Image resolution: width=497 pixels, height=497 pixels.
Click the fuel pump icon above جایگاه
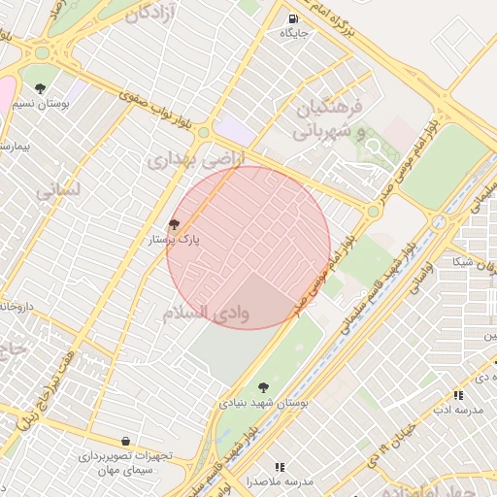point(293,18)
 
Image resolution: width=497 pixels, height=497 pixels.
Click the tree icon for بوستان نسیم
point(40,88)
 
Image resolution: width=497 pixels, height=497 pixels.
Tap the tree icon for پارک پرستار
point(174,223)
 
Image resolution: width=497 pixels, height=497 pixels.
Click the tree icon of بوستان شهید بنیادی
point(263,386)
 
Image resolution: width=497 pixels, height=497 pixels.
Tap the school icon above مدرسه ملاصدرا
point(280,467)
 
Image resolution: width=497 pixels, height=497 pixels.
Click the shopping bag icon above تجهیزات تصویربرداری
point(125,441)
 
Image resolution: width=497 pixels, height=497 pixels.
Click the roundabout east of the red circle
point(373,211)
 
